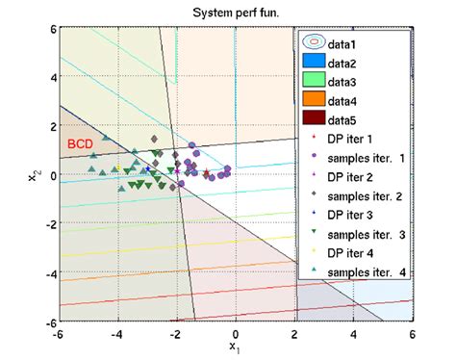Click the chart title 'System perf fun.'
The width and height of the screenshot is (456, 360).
click(x=235, y=12)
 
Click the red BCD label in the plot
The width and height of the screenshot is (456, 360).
click(x=80, y=143)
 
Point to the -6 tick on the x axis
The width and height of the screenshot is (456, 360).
click(x=59, y=333)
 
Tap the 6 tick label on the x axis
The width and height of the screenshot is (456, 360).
click(x=412, y=333)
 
